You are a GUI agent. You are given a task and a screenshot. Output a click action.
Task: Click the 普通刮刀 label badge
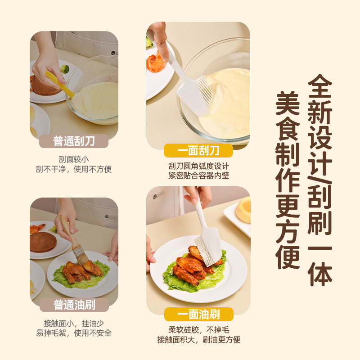[x=74, y=141]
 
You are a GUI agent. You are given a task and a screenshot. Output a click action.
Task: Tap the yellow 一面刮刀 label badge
[x=198, y=151]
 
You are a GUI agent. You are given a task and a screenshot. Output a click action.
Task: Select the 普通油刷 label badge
[x=74, y=305]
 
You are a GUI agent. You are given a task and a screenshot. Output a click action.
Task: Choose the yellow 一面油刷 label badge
[x=199, y=314]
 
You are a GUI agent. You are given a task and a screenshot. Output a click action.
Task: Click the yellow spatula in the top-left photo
[x=59, y=84]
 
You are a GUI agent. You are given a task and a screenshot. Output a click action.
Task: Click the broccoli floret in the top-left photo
[x=64, y=69]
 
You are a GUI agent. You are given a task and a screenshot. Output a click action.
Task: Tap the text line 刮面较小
[x=74, y=159]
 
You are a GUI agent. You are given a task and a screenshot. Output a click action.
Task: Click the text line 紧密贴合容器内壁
[x=199, y=175]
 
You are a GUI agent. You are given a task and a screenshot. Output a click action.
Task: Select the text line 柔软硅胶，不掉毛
[x=199, y=330]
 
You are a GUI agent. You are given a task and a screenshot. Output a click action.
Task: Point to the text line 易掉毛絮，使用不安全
[x=74, y=333]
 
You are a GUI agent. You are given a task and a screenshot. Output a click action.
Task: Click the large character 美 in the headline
[x=288, y=103]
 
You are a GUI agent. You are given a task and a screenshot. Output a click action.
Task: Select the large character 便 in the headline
[x=288, y=257]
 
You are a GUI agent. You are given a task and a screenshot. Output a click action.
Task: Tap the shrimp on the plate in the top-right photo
[x=155, y=62]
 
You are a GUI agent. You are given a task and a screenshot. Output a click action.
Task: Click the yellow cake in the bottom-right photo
[x=243, y=210]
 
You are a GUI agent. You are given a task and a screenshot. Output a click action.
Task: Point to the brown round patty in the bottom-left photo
[x=43, y=242]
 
